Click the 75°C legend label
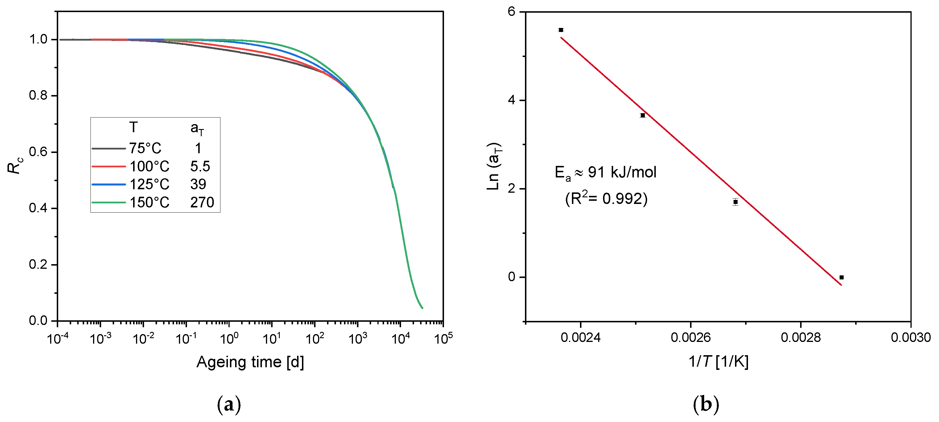tap(145, 148)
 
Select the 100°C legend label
tap(150, 166)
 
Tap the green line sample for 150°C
tap(109, 202)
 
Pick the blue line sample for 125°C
tap(109, 184)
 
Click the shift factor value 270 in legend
tap(202, 202)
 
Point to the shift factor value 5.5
tap(200, 166)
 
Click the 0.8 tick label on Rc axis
tap(38, 95)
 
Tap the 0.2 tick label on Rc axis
tap(38, 264)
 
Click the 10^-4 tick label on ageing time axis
tap(58, 338)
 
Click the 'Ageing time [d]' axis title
tap(250, 362)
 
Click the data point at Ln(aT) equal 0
tap(841, 277)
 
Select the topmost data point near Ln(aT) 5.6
tap(561, 30)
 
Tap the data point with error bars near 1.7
tap(736, 202)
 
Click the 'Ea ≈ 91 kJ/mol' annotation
tap(605, 172)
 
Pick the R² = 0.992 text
tap(606, 198)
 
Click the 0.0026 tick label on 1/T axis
tap(690, 337)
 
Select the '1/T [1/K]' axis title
tap(718, 362)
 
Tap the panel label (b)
tap(706, 404)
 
